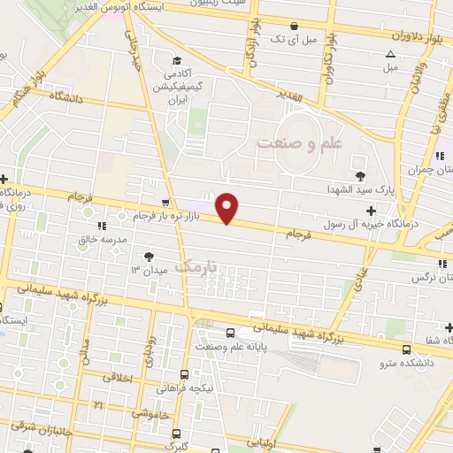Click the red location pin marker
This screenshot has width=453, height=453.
(228, 208)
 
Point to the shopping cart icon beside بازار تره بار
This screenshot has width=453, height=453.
(165, 203)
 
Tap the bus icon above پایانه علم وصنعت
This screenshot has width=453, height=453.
(231, 334)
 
